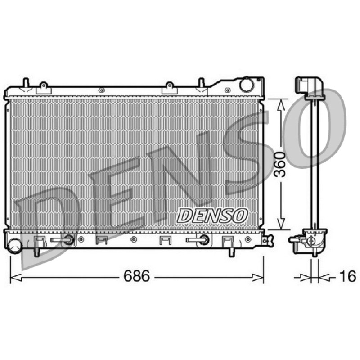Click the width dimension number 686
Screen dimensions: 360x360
click(x=137, y=276)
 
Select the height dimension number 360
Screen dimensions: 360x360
click(x=280, y=164)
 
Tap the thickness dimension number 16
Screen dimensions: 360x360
click(x=347, y=276)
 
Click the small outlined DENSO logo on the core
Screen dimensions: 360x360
click(x=212, y=216)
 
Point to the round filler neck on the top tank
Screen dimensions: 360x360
click(x=247, y=85)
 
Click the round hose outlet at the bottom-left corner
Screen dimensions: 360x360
click(x=14, y=246)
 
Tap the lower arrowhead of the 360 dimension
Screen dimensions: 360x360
click(x=281, y=224)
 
